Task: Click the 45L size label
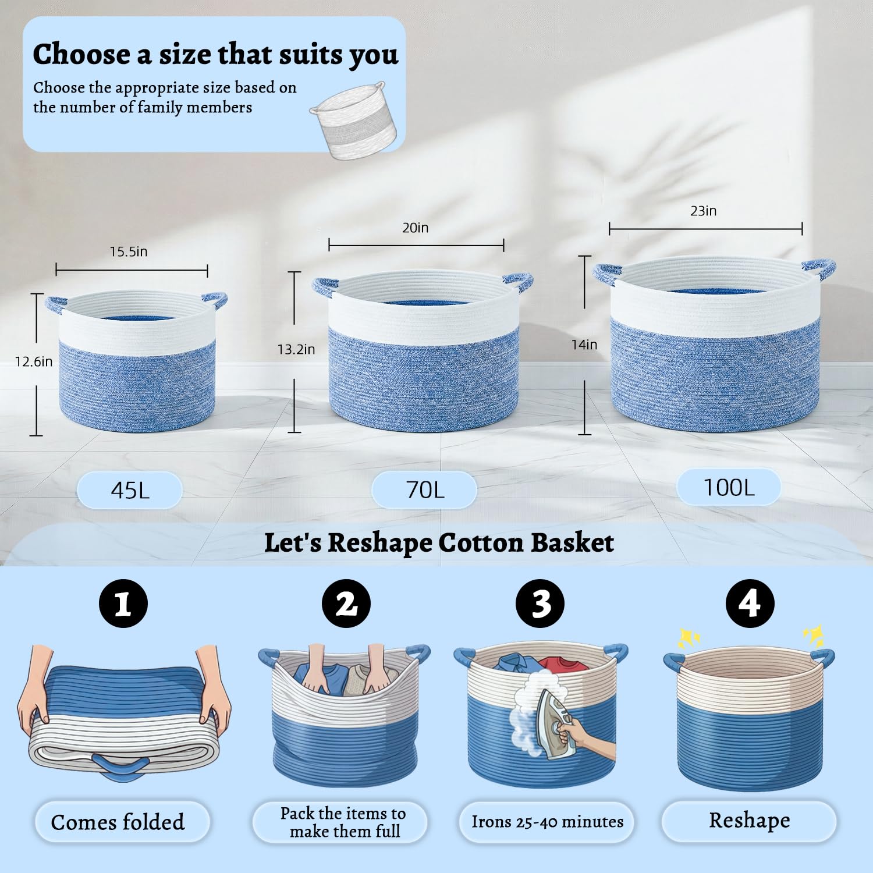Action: [x=130, y=490]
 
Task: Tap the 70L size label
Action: [x=424, y=489]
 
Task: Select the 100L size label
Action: [x=729, y=487]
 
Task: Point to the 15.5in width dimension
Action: [x=129, y=251]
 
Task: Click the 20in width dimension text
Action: [x=416, y=228]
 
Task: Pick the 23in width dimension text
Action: [x=704, y=211]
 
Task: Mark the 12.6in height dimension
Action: [x=34, y=361]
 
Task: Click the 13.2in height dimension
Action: [x=296, y=349]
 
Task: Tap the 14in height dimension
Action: [x=584, y=345]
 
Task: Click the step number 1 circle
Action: [x=123, y=604]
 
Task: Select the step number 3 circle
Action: [x=541, y=604]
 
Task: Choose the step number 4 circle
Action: [x=750, y=604]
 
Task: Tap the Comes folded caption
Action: [x=118, y=822]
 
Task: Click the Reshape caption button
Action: [x=750, y=821]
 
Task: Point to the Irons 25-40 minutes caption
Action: [x=547, y=822]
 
